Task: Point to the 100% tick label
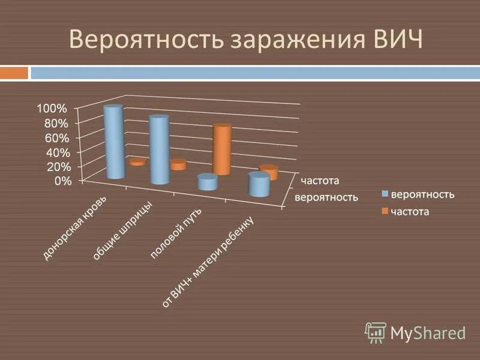coord(52,109)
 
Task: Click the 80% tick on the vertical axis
coord(55,123)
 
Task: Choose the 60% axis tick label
coord(55,137)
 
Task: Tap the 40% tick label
coord(55,152)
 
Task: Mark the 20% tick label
coord(55,166)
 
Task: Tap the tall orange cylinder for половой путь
coord(222,150)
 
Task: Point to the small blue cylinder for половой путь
coord(207,182)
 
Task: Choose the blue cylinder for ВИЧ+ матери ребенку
coord(259,185)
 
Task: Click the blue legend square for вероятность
coord(385,194)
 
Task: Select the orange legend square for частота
coord(385,211)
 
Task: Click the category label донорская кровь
coord(75,229)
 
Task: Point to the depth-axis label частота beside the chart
coord(320,180)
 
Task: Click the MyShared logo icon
coord(376,331)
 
